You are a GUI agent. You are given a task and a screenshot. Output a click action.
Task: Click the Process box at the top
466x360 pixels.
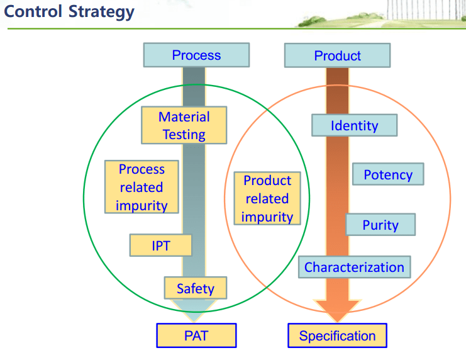point(196,55)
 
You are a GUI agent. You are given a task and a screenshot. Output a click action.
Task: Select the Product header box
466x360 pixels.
point(337,55)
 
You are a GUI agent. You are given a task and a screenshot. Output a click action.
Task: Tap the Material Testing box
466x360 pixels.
point(184,125)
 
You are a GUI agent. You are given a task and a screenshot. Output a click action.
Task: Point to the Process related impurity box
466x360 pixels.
point(141,187)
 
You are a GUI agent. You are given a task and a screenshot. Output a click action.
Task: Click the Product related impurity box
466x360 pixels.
point(267,198)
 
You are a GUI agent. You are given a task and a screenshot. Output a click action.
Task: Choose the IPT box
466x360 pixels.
point(160,245)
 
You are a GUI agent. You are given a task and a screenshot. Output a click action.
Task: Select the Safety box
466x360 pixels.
point(195,288)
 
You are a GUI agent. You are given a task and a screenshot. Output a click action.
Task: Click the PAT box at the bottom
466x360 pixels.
point(196,335)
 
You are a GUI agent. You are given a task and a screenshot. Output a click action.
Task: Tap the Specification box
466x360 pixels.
point(337,335)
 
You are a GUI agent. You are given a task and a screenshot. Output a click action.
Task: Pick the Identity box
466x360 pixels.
point(354,125)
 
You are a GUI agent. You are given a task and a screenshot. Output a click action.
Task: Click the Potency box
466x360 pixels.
point(388,174)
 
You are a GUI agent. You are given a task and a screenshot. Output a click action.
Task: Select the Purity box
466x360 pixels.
point(380,225)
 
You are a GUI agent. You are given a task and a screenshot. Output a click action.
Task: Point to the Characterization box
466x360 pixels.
point(354,267)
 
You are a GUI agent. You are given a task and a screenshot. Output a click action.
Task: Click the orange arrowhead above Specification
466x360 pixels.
point(337,308)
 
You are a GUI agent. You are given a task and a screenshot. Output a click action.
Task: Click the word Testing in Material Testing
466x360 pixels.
point(184,134)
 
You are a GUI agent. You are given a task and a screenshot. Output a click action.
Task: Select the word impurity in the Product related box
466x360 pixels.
point(267,217)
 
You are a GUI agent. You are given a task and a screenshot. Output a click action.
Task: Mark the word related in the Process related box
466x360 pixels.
point(141,187)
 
